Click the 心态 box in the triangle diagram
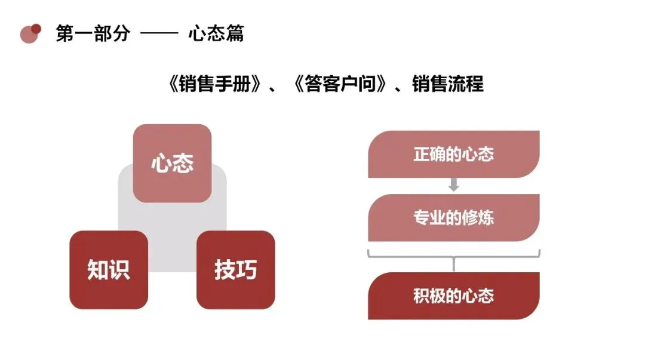pos(172,163)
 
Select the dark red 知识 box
pos(109,270)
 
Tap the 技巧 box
pos(235,270)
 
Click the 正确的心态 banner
pos(453,154)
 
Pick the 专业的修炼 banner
pos(453,217)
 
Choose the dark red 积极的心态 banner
pos(453,296)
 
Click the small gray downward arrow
pos(453,185)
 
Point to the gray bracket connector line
pos(453,256)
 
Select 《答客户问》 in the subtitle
pos(339,84)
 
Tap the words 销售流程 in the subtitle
pos(447,84)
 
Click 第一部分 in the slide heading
pos(93,33)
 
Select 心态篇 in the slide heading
pos(216,33)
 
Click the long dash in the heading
pos(159,34)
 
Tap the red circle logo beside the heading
pos(28,35)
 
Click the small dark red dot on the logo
pos(36,28)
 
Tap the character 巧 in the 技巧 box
pos(247,270)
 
